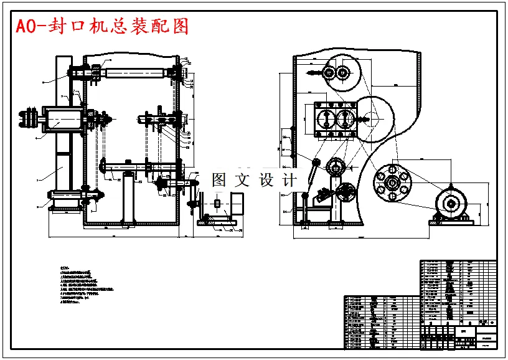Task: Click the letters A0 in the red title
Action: point(25,27)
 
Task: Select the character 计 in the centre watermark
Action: point(290,181)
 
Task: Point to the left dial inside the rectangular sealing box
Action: point(326,118)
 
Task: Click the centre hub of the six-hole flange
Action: point(392,182)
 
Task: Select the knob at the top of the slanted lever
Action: point(316,163)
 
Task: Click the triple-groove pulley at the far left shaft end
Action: point(27,118)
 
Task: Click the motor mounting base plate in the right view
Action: point(449,221)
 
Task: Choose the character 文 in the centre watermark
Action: point(243,181)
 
